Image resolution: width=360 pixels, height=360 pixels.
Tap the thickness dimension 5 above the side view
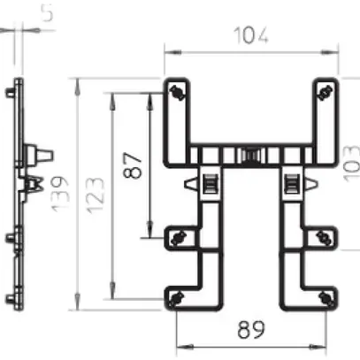pos(22,13)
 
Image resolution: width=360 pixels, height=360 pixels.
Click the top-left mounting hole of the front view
pos(178,92)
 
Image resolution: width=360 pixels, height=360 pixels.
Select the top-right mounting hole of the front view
pos(323,92)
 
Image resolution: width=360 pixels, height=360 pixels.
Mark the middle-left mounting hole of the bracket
pos(178,236)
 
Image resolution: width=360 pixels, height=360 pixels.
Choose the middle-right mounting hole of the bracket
pos(323,236)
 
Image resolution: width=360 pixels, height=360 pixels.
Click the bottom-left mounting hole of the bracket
pos(178,295)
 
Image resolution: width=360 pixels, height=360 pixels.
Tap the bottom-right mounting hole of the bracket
pos(323,295)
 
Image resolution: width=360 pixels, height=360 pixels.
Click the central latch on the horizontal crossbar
pos(250,157)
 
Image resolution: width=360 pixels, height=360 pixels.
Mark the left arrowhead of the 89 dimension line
pos(180,344)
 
